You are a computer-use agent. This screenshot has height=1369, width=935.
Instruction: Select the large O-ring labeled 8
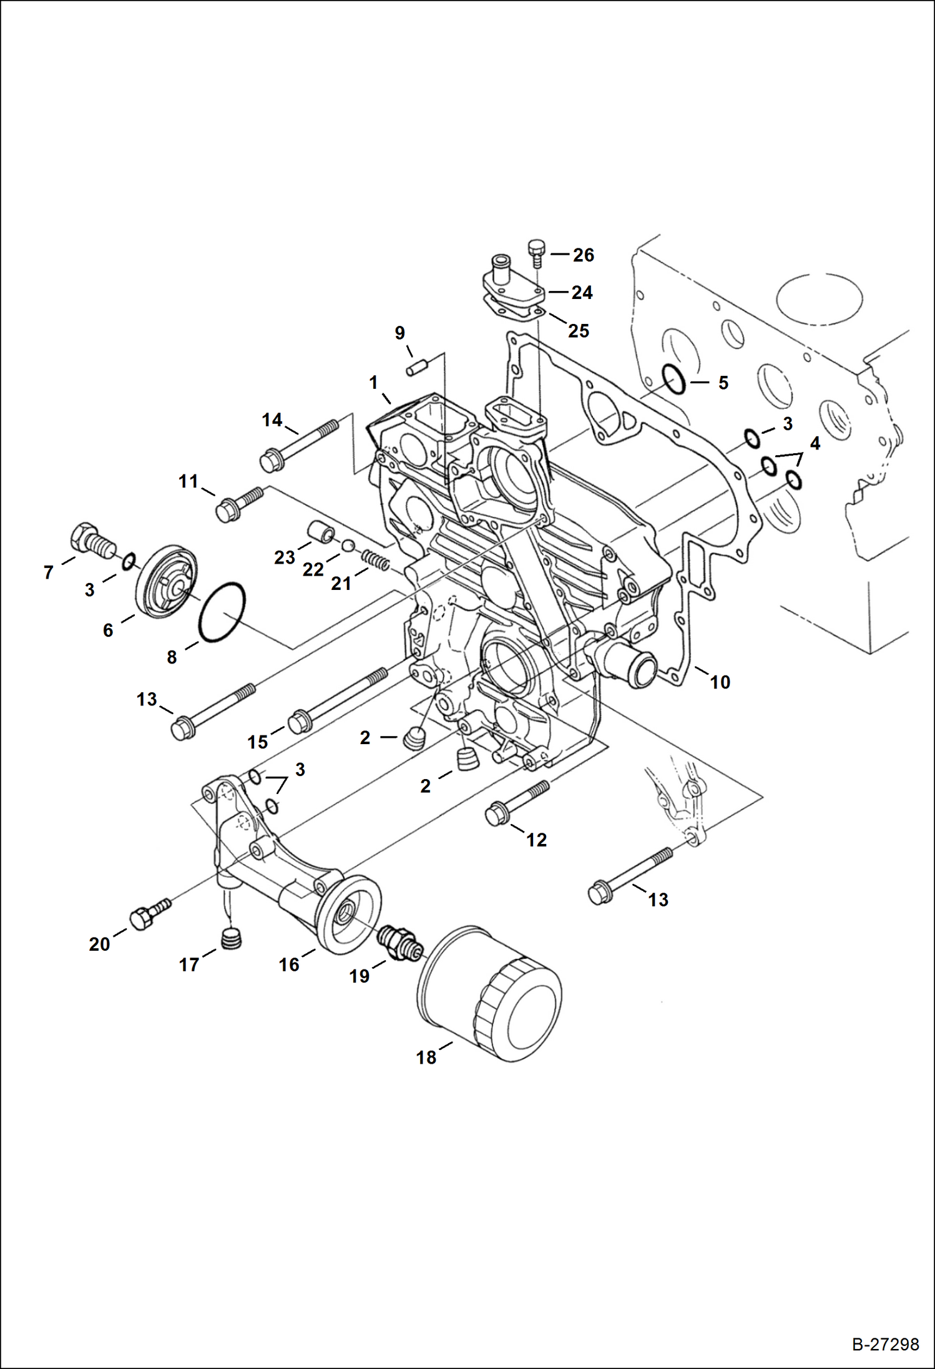(x=222, y=612)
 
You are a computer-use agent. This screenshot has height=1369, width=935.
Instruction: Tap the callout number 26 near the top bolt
(x=584, y=255)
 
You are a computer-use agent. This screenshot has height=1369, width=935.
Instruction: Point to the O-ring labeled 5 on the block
(x=674, y=380)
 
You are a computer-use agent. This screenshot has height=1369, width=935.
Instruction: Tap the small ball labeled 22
(x=348, y=546)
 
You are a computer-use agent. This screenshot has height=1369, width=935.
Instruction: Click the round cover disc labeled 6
(x=166, y=582)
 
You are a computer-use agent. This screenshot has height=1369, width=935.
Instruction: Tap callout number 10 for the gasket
(x=720, y=682)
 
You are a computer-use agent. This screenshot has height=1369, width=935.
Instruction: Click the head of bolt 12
(x=496, y=815)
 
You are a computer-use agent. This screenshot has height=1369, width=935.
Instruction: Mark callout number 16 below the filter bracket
(x=289, y=964)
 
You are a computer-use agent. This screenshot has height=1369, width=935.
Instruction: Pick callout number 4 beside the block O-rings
(x=815, y=443)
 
